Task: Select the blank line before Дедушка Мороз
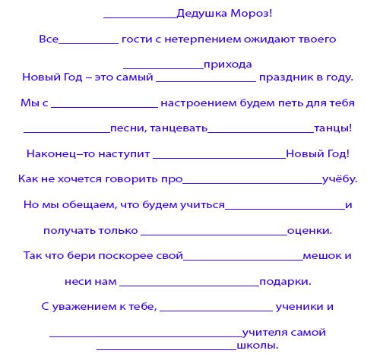click(x=138, y=16)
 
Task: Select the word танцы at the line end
click(x=331, y=128)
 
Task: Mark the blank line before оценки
click(x=214, y=232)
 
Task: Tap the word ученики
click(x=301, y=307)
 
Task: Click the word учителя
click(x=263, y=332)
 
